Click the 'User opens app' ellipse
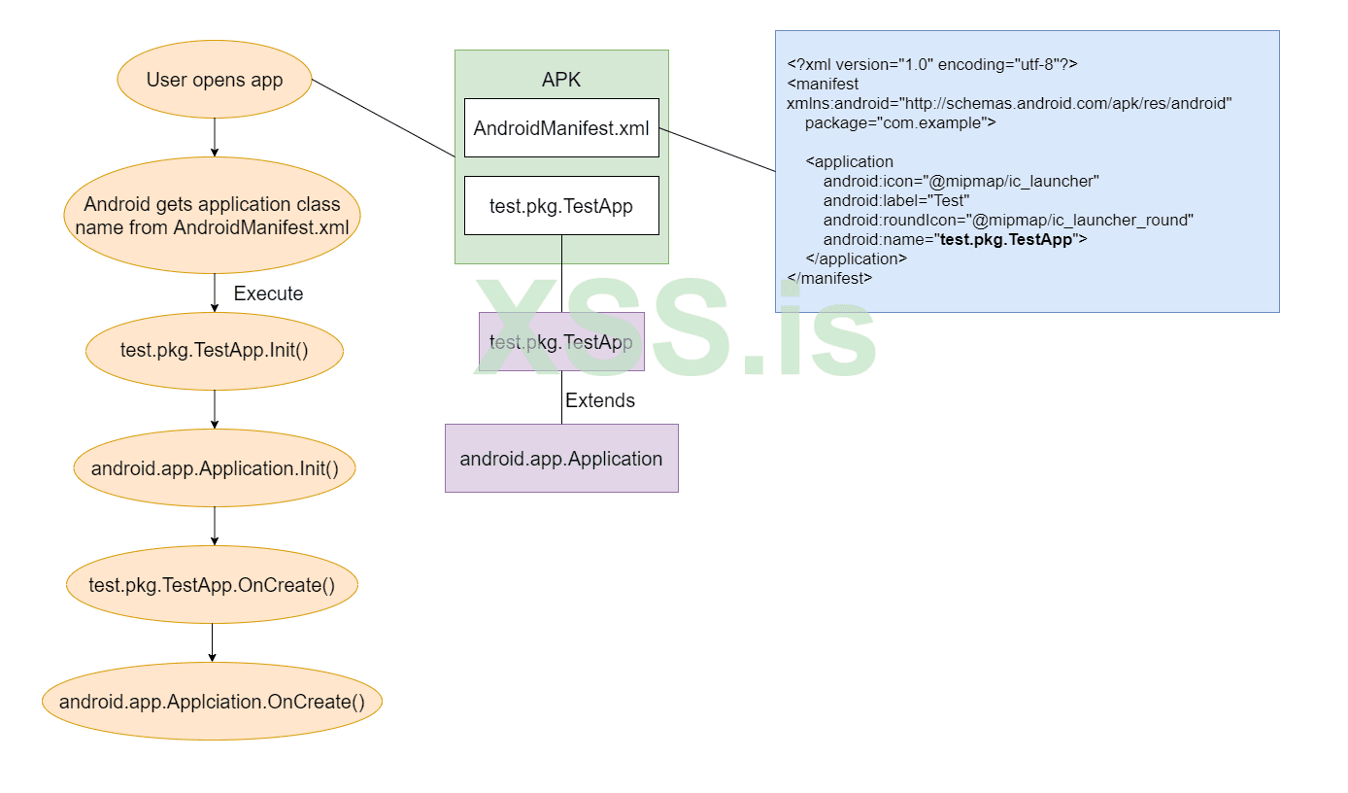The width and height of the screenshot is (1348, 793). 214,80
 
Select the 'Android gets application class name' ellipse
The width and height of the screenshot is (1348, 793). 212,216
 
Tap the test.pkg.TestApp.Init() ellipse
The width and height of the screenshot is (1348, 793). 214,351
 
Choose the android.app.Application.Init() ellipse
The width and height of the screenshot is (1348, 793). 215,468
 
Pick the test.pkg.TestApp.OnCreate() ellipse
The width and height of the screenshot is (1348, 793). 212,585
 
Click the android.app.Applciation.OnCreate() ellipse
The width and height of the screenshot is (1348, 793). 212,702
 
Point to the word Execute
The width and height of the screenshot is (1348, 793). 268,293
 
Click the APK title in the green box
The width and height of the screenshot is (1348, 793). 561,80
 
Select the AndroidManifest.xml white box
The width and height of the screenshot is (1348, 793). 561,127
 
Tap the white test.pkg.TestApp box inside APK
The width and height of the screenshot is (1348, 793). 561,205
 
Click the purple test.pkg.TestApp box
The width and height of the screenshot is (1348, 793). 561,341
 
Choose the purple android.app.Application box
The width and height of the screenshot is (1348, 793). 561,458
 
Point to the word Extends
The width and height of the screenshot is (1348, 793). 600,400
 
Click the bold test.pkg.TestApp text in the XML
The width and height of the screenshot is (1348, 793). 1006,239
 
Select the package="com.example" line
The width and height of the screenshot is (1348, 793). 899,122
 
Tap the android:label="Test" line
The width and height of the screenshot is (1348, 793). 895,200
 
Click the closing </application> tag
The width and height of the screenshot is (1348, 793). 856,259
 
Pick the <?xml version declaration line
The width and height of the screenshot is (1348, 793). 932,64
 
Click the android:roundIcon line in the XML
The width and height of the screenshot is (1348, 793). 1008,220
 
